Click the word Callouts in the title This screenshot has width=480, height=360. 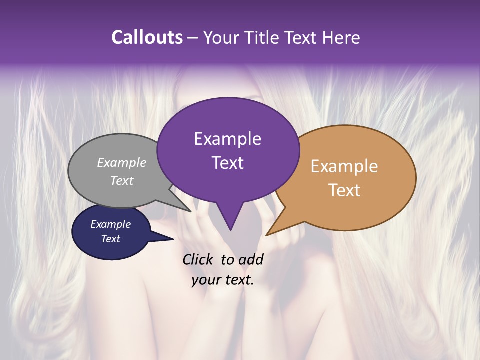pos(147,37)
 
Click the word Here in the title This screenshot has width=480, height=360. pos(341,37)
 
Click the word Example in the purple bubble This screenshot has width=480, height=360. pos(227,139)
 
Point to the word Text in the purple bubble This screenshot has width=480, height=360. pos(227,163)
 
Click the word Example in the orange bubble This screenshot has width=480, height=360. pos(344,166)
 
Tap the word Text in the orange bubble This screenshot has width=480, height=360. pos(344,190)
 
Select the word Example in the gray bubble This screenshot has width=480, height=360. pos(122,162)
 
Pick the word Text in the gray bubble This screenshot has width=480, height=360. pos(122,180)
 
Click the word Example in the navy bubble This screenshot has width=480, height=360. pos(110,224)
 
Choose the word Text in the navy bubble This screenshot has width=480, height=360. pos(110,239)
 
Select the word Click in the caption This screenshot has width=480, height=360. pos(199,259)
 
